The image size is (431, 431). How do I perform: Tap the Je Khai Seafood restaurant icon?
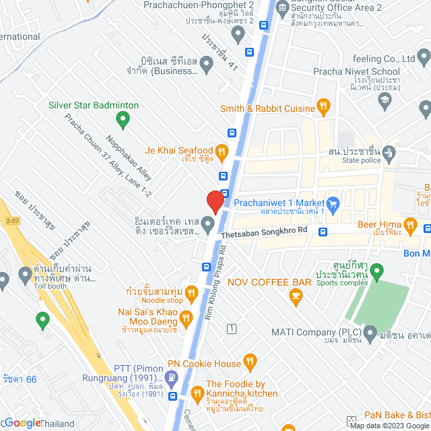(223, 150)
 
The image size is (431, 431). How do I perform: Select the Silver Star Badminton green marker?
(123, 121)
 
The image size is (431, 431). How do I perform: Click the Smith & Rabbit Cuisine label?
(267, 108)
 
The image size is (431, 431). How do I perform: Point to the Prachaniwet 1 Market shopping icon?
(333, 202)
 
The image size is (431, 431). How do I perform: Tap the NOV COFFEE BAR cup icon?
(295, 294)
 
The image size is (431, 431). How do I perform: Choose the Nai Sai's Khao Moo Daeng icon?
(187, 317)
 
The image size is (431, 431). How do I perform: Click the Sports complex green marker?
(377, 272)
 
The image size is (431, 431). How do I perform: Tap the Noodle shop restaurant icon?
(191, 292)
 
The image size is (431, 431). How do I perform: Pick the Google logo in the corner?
(22, 423)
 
